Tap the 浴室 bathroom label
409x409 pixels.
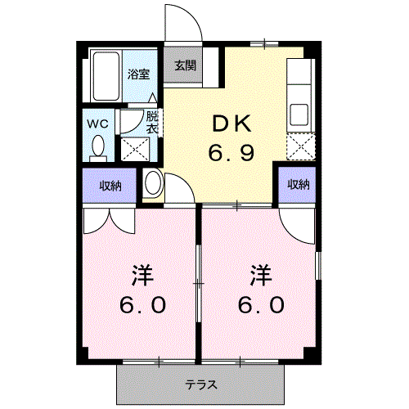pos(137,74)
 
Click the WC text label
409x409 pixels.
pos(99,124)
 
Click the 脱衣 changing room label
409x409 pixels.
pos(152,122)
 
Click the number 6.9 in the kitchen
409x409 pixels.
pos(231,153)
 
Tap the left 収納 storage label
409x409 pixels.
pos(111,186)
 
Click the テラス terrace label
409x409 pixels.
pos(200,384)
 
